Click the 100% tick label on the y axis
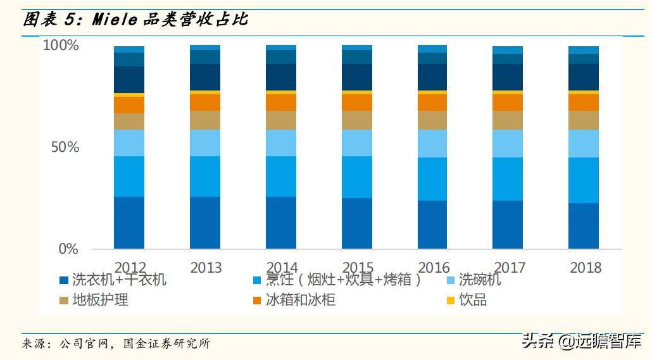[x=61, y=46]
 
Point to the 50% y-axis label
[x=65, y=147]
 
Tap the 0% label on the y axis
[x=68, y=249]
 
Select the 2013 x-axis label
[x=206, y=268]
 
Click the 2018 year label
[x=586, y=268]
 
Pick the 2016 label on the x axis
[x=434, y=268]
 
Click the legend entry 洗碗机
[x=479, y=280]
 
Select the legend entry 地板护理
[x=100, y=300]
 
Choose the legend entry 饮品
[x=473, y=300]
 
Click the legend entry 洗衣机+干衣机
[x=119, y=280]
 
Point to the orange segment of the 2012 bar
[x=129, y=104]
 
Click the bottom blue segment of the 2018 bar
[x=584, y=225]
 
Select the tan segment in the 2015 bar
[x=357, y=120]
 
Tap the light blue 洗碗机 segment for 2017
[x=508, y=143]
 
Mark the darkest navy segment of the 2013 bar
[x=205, y=77]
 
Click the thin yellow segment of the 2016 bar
[x=432, y=92]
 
